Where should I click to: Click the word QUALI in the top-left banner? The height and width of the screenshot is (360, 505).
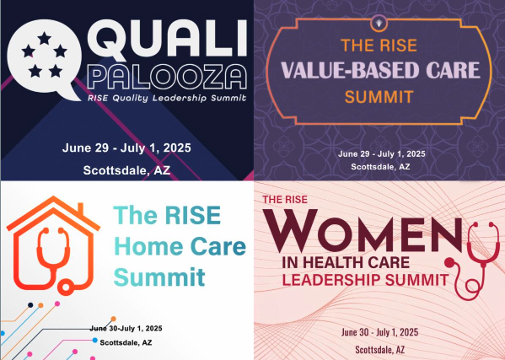168,39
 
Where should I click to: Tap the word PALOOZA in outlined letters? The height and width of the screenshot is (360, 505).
167,77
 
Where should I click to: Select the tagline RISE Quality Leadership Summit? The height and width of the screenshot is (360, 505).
167,98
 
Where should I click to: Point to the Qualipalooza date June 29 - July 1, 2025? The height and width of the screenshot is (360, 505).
126,148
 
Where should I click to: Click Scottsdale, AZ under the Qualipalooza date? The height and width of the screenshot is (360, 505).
126,170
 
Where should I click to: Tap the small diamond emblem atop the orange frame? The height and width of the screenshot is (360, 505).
379,23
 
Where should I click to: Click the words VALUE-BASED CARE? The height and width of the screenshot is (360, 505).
380,70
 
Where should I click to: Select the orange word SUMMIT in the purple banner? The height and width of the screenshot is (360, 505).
379,97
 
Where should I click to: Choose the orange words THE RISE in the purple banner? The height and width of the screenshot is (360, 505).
379,45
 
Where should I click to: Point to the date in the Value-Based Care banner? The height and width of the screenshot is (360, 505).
382,154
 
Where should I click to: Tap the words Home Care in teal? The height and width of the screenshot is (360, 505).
180,246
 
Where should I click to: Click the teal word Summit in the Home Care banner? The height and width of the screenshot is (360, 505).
159,277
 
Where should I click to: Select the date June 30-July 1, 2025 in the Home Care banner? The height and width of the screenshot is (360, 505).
126,329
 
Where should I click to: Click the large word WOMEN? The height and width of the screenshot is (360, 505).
362,230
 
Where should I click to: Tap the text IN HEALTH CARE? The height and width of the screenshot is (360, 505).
346,263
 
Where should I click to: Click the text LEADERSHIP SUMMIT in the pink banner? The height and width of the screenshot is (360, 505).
365,280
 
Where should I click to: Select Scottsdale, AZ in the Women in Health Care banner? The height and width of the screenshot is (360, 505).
380,349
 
